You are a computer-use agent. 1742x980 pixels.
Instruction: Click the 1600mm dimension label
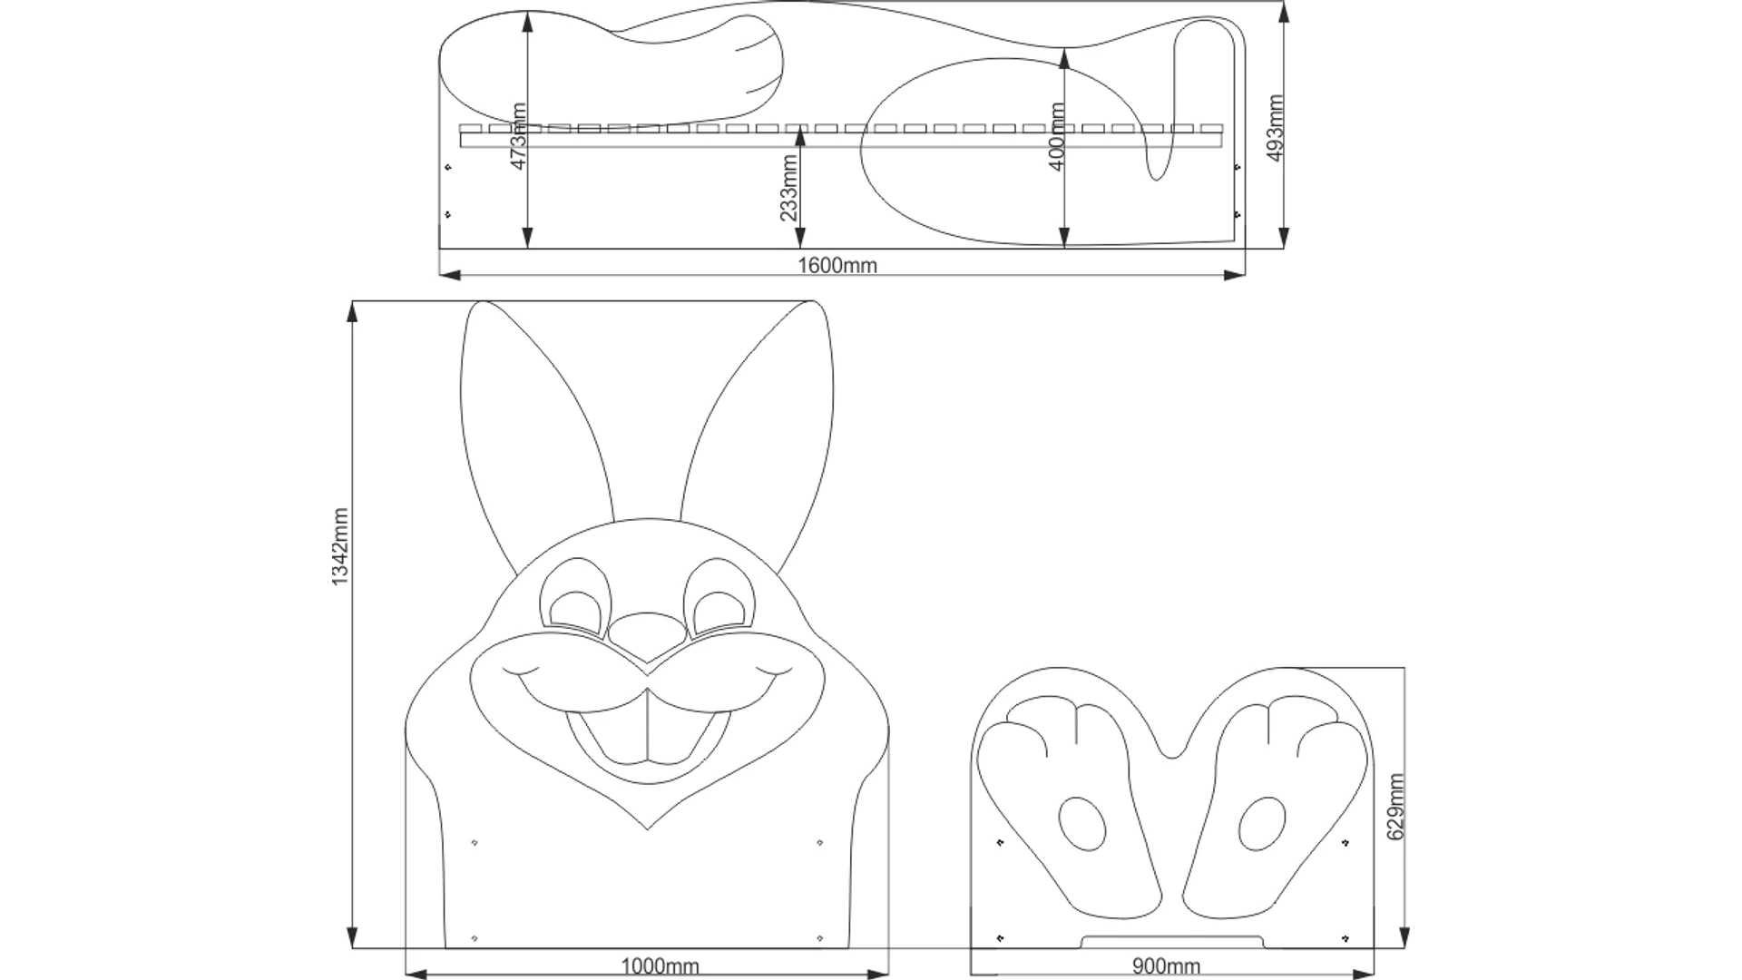pos(837,265)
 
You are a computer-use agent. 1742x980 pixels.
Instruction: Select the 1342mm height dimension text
pos(339,546)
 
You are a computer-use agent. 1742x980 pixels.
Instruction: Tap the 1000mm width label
pos(660,965)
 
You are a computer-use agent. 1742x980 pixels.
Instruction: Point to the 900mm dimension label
pos(1166,965)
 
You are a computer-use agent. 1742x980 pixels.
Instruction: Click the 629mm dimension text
pos(1395,807)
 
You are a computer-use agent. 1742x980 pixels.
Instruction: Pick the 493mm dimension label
pos(1274,128)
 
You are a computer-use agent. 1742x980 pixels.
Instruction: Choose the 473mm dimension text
pos(519,135)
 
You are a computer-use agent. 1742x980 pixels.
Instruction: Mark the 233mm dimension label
pos(788,188)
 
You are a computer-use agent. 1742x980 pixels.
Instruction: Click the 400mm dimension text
pos(1056,136)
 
